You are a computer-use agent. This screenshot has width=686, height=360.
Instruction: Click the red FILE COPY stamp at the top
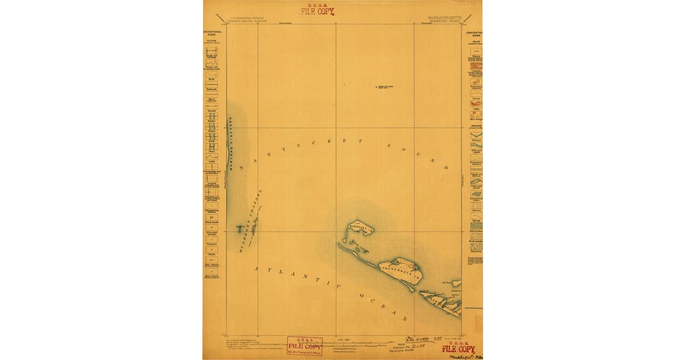[x=317, y=10]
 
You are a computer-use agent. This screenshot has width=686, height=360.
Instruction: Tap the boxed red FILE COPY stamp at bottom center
[x=304, y=346]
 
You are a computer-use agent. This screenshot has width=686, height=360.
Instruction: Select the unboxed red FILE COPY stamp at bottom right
[x=458, y=349]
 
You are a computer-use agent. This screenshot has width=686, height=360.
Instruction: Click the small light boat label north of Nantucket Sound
[x=385, y=87]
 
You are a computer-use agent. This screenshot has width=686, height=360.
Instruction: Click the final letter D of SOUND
[x=445, y=167]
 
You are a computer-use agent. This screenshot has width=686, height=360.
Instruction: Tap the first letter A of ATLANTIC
[x=257, y=269]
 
